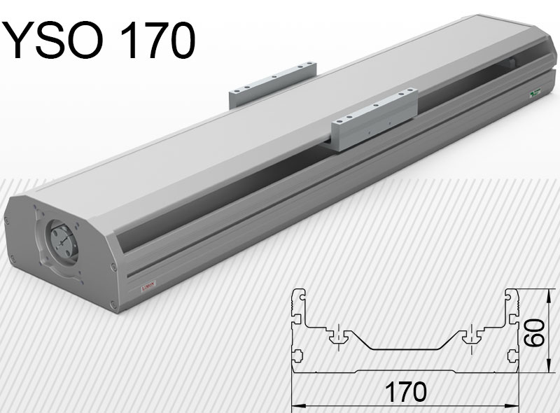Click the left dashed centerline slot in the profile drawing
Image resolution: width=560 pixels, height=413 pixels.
(338, 335)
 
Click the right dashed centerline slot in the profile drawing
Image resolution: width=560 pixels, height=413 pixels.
(473, 335)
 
